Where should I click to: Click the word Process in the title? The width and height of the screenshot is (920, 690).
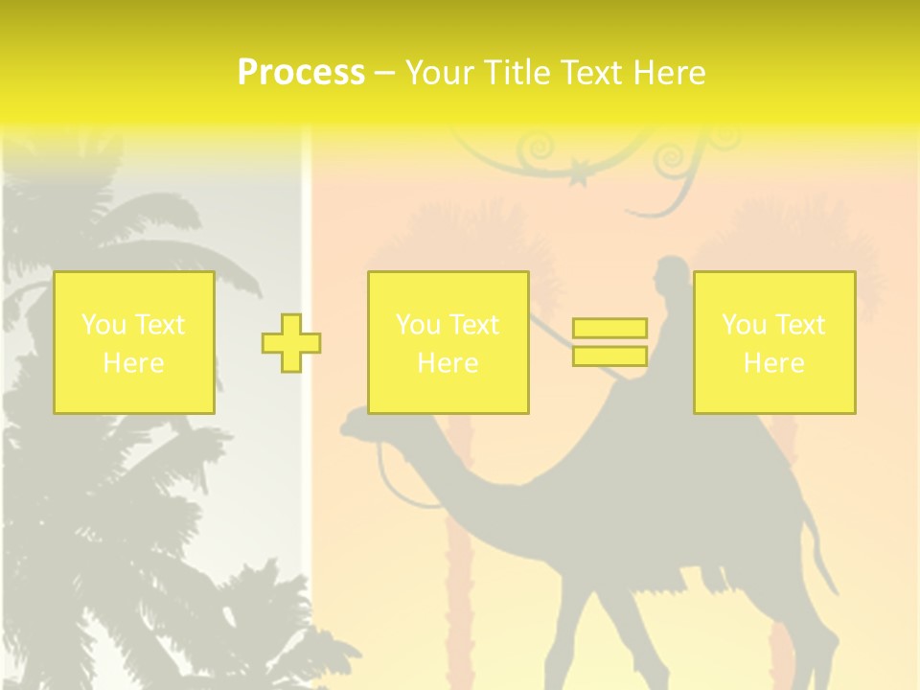point(301,73)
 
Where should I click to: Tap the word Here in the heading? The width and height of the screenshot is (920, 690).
point(668,73)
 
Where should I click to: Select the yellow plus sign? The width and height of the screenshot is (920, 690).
point(291,343)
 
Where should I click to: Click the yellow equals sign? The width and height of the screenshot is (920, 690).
point(609,342)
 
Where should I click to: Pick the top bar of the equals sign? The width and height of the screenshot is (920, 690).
point(609,329)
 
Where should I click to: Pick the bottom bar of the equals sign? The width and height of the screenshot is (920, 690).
point(609,356)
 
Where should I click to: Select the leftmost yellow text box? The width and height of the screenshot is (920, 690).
point(134,342)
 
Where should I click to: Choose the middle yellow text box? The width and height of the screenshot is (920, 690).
point(448,342)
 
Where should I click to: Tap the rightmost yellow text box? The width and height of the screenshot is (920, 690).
point(774,342)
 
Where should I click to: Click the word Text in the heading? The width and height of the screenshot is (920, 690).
point(590,73)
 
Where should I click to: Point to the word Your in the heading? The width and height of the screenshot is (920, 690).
point(441,73)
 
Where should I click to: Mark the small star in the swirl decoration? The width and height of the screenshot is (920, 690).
point(578,176)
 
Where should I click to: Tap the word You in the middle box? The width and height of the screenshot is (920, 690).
point(418,325)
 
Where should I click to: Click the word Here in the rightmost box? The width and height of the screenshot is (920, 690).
point(774,363)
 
